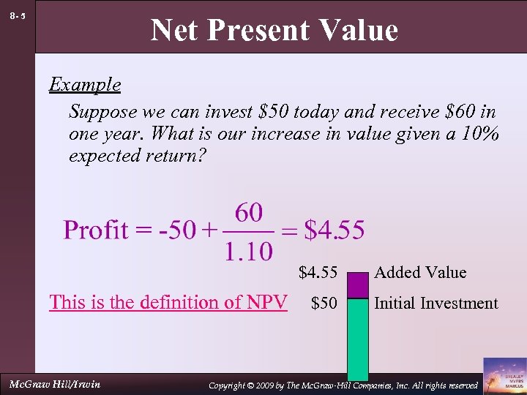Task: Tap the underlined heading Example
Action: coord(85,85)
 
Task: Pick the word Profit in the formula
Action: coord(96,230)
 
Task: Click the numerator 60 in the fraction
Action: coord(249,213)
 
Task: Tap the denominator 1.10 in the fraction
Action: coord(249,252)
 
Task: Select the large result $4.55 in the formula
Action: coord(334,230)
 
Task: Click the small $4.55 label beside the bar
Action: coord(318,273)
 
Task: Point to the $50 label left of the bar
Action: coord(324,303)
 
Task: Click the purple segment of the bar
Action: coord(358,285)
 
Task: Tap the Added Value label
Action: coord(420,273)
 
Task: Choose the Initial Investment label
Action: coord(436,303)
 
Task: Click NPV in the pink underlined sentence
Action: coord(265,302)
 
